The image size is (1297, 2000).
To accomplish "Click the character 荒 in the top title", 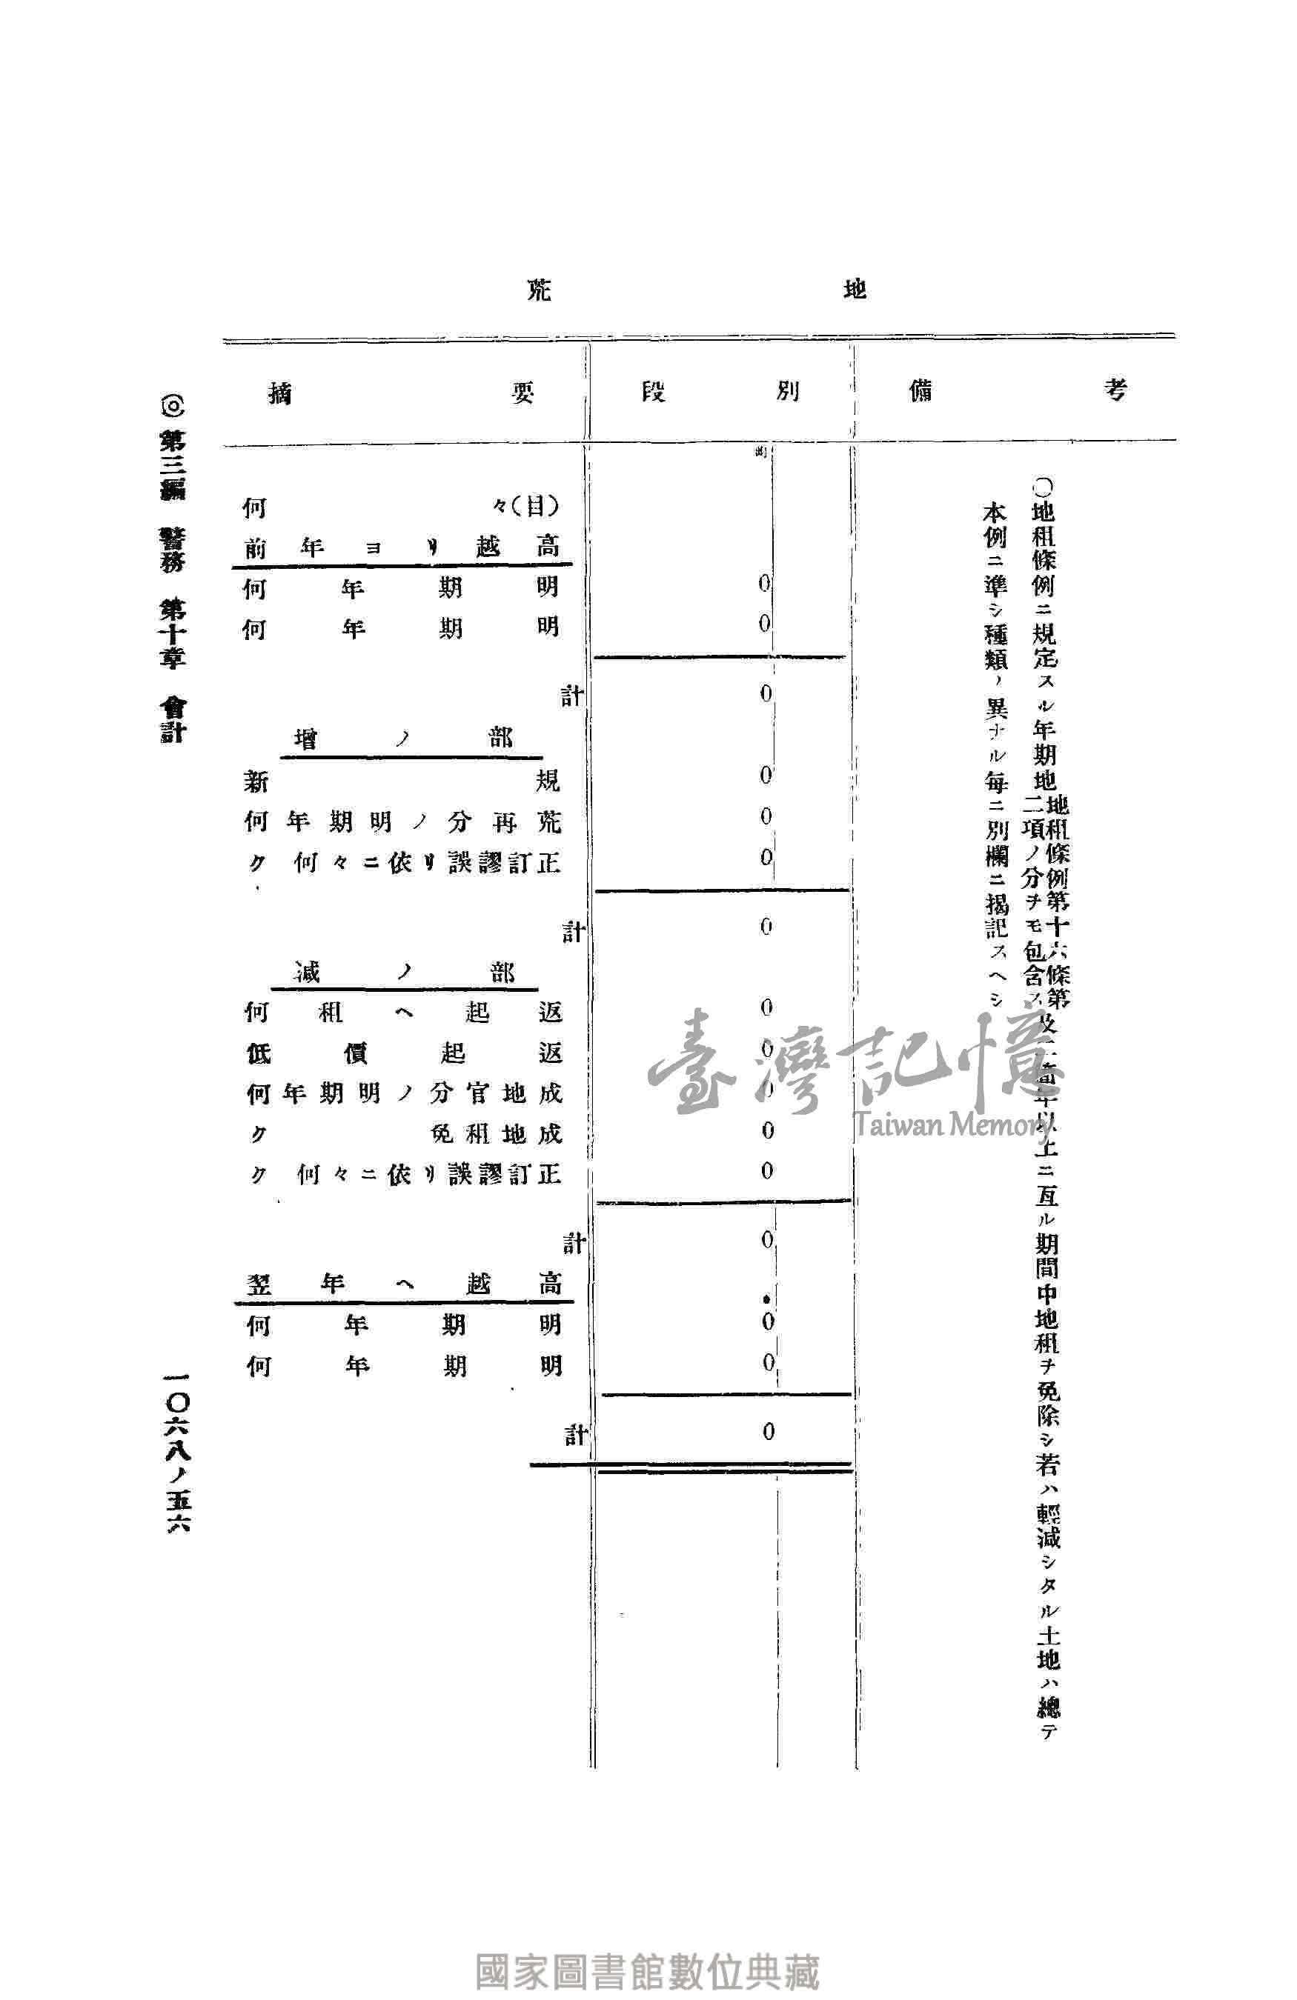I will pos(539,291).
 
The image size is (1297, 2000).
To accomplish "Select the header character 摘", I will pos(280,393).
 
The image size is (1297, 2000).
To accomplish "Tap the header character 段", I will pos(653,392).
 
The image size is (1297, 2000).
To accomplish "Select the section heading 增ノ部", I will pos(403,739).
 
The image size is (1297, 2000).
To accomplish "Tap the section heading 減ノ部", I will pos(403,973).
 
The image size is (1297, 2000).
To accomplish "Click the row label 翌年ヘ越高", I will pos(403,1283).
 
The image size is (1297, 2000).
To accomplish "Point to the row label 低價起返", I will pos(403,1053).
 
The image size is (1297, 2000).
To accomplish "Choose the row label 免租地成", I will pos(496,1133).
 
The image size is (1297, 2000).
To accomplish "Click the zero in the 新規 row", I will pos(766,775).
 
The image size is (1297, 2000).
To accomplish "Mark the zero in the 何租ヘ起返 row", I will pos(766,1007).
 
